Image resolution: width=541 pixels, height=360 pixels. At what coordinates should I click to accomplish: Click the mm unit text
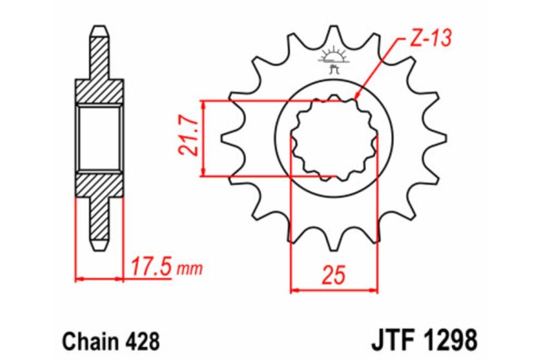(x=189, y=269)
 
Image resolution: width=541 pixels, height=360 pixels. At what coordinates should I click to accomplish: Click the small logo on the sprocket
(x=333, y=60)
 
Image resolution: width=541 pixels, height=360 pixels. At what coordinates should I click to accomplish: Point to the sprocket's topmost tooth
(x=334, y=35)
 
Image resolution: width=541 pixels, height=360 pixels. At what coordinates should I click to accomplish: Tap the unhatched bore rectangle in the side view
(x=99, y=138)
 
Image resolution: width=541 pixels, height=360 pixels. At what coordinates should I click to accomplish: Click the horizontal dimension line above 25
(x=334, y=290)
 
